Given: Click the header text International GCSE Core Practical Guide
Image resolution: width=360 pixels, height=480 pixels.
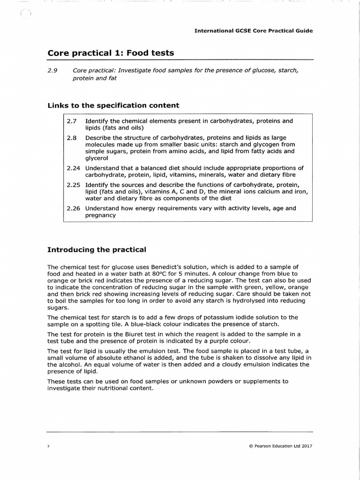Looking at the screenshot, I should pyautogui.click(x=254, y=30).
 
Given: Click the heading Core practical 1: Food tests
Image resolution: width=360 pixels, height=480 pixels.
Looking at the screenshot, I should pyautogui.click(x=111, y=53).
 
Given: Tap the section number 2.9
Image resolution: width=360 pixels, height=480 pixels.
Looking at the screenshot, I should pyautogui.click(x=52, y=70).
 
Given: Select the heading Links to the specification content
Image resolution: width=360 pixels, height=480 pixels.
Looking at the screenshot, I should pyautogui.click(x=113, y=105).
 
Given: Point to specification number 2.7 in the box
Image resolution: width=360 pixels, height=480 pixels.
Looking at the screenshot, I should pyautogui.click(x=72, y=121).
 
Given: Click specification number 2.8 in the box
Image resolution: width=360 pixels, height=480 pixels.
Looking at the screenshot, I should pyautogui.click(x=72, y=138).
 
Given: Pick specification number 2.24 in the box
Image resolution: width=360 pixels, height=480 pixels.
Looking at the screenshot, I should pyautogui.click(x=74, y=168).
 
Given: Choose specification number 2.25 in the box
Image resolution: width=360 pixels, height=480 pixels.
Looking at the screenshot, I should pyautogui.click(x=74, y=185).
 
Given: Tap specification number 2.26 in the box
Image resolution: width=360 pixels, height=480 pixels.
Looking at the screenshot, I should pyautogui.click(x=74, y=208).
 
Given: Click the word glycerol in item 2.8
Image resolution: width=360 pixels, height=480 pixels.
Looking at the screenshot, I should pyautogui.click(x=97, y=158).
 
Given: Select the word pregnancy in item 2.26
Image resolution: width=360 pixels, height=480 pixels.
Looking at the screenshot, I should pyautogui.click(x=100, y=215).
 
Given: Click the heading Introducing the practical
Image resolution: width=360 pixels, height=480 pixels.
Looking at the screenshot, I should pyautogui.click(x=97, y=249).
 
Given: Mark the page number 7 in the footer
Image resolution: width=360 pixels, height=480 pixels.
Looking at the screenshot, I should pyautogui.click(x=48, y=446).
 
